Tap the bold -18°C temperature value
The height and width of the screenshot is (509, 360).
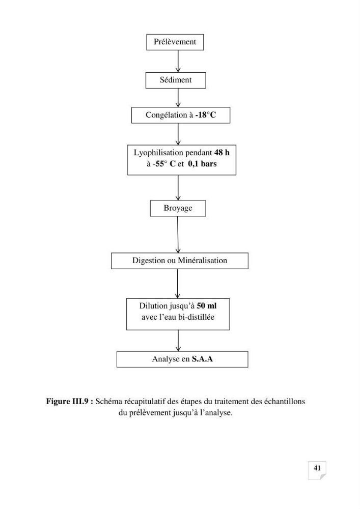click(206, 115)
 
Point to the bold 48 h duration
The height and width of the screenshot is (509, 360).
click(221, 153)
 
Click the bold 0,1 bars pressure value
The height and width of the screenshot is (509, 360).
click(202, 164)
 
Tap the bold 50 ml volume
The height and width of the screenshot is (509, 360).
click(206, 306)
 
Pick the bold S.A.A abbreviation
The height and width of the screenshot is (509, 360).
click(202, 359)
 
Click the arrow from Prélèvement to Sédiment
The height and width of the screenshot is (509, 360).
click(178, 62)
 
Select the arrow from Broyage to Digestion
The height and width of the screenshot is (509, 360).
click(178, 235)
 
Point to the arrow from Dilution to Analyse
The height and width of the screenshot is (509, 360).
click(178, 341)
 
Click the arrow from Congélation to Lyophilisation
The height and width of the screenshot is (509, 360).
click(178, 134)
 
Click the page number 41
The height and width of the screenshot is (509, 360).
click(317, 468)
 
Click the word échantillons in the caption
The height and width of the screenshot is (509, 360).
click(284, 402)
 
